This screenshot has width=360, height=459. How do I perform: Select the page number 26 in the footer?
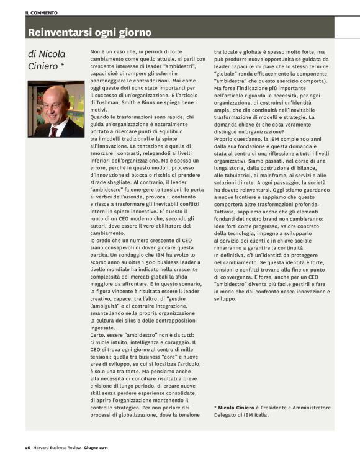[28, 448]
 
